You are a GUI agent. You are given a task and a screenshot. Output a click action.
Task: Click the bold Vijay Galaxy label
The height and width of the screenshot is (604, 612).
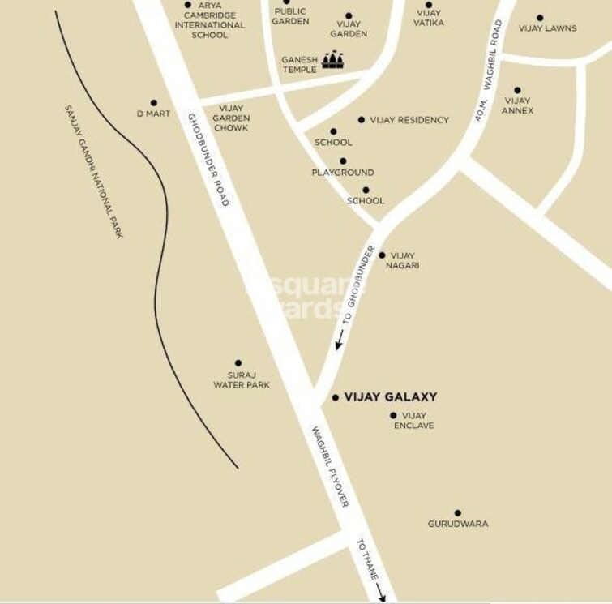pyautogui.click(x=391, y=397)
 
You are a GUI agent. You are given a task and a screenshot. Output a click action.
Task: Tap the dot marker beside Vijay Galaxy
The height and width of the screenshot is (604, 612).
pyautogui.click(x=336, y=398)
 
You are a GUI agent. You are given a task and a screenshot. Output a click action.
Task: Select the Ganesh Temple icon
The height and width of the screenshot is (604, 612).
pyautogui.click(x=333, y=60)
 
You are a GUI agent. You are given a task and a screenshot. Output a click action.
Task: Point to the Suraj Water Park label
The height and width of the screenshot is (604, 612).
pyautogui.click(x=242, y=379)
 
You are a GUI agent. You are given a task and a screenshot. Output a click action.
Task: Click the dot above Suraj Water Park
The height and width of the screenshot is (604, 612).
pyautogui.click(x=238, y=363)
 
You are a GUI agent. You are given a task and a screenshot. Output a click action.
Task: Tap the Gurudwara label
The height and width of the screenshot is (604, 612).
pyautogui.click(x=458, y=524)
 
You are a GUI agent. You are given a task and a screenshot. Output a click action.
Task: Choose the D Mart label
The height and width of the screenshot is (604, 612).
pyautogui.click(x=153, y=114)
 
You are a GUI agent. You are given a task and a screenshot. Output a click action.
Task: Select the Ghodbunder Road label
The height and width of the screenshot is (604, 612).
pyautogui.click(x=209, y=159)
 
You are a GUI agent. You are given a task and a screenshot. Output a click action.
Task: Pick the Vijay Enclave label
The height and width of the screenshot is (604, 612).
pyautogui.click(x=413, y=421)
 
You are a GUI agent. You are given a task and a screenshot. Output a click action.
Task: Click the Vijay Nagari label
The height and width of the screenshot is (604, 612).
pyautogui.click(x=403, y=260)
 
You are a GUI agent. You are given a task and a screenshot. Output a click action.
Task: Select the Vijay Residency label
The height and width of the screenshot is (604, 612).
pyautogui.click(x=409, y=120)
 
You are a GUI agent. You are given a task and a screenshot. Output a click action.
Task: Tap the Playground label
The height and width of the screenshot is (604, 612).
pyautogui.click(x=343, y=173)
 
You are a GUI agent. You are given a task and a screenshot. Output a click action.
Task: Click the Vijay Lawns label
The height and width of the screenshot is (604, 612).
pyautogui.click(x=547, y=28)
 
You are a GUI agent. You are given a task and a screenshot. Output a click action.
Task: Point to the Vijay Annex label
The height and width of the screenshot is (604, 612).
pyautogui.click(x=518, y=105)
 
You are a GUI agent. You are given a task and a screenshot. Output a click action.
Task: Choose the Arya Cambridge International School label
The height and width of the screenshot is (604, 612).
pyautogui.click(x=209, y=20)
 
